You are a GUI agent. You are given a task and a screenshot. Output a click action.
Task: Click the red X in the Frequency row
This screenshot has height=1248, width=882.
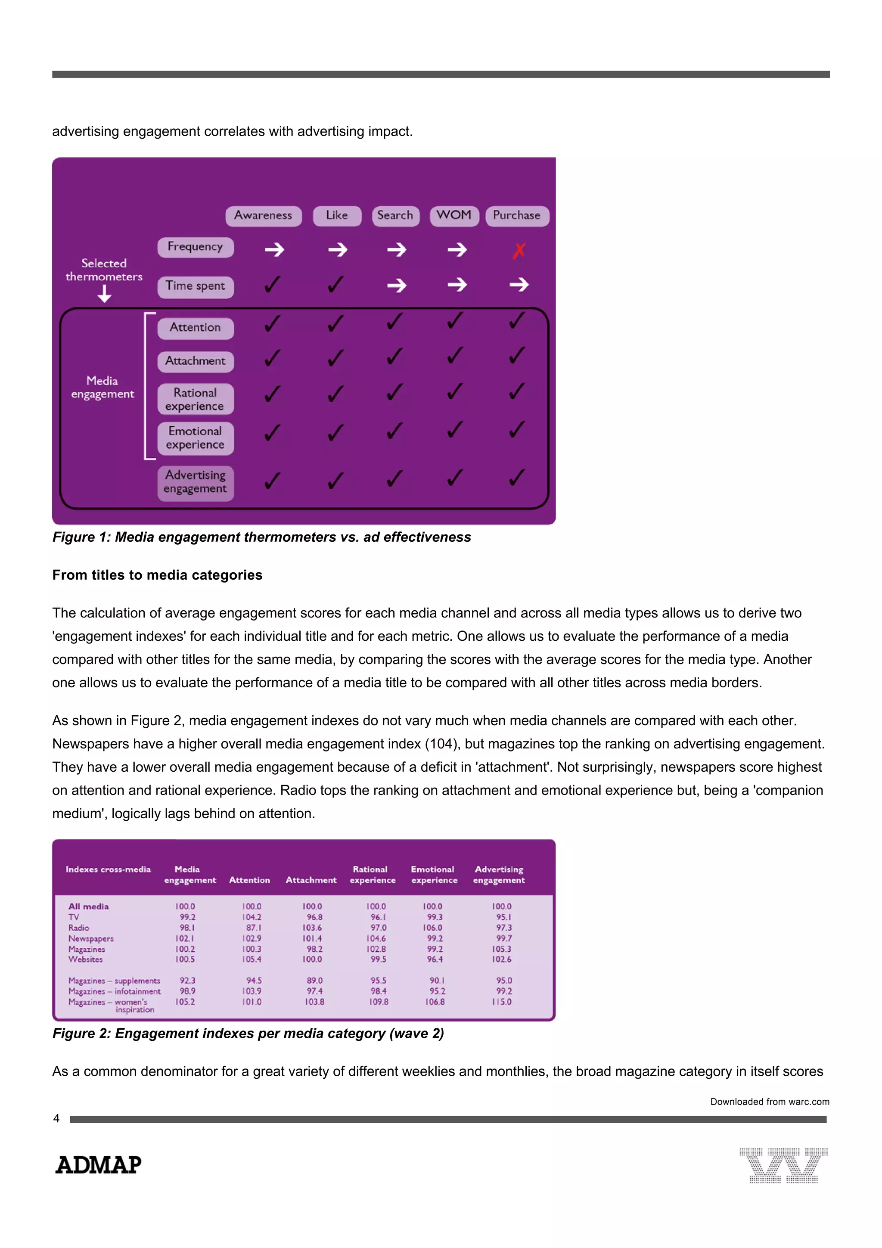519,251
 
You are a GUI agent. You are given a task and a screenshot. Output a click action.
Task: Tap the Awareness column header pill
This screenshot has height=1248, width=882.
263,215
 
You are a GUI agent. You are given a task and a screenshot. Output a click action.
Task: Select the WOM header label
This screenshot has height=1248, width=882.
454,215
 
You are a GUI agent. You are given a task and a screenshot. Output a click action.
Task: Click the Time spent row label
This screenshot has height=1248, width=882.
195,286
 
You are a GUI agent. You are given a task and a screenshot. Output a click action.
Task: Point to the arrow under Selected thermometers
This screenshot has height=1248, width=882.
104,294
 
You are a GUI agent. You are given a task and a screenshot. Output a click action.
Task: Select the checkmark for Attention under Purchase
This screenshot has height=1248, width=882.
517,321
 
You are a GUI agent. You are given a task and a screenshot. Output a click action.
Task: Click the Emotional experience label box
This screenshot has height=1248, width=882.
195,438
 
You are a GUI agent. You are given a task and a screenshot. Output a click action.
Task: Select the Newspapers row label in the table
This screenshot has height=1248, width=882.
91,939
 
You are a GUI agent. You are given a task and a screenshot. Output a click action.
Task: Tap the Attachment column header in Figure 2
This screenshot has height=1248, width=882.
311,880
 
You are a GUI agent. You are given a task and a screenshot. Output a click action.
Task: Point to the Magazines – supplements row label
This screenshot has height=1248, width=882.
114,981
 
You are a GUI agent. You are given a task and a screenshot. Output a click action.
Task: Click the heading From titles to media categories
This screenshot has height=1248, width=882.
157,575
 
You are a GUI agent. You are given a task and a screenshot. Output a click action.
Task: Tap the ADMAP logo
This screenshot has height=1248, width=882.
98,1165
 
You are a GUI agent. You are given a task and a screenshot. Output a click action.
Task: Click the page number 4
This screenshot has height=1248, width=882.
56,1119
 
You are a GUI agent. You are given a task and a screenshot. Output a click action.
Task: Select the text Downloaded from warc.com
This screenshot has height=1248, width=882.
769,1102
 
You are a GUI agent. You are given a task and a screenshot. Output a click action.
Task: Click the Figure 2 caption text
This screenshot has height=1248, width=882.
248,1033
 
